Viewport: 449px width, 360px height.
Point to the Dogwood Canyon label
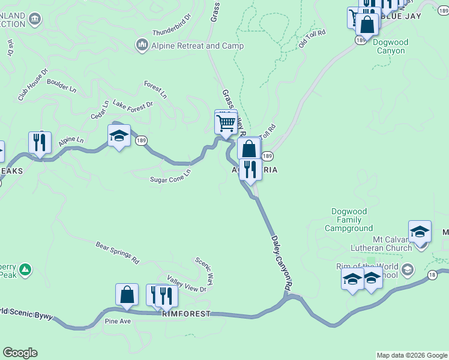(x=390, y=47)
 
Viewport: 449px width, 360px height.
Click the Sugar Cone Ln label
(x=170, y=175)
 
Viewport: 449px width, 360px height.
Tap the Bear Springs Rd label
(x=118, y=253)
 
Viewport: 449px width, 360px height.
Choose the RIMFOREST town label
(x=186, y=314)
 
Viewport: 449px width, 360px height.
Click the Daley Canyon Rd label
(x=281, y=264)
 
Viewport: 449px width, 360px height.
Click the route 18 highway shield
(x=432, y=274)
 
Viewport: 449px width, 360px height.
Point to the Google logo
(x=20, y=353)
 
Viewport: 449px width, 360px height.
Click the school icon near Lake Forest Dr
(x=119, y=137)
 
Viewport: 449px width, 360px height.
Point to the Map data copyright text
(x=411, y=355)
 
